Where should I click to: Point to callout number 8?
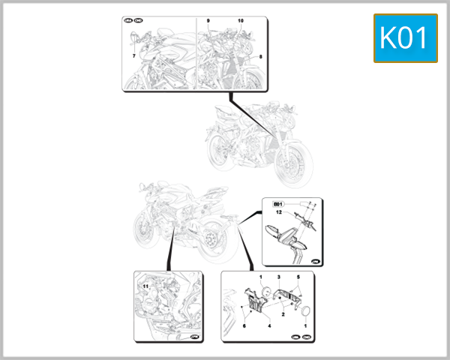pyautogui.click(x=260, y=56)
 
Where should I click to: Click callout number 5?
pyautogui.click(x=298, y=277)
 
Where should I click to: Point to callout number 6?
pyautogui.click(x=244, y=327)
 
